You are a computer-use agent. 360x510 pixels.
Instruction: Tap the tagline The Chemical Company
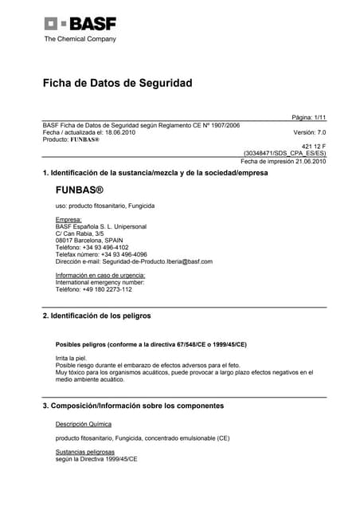click(x=80, y=38)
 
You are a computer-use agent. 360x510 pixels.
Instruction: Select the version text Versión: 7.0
click(x=310, y=132)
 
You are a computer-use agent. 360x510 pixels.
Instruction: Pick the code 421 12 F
click(x=313, y=146)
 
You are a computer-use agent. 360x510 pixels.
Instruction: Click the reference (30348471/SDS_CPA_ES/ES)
click(x=284, y=153)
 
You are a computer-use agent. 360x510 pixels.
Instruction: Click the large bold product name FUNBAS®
click(x=80, y=191)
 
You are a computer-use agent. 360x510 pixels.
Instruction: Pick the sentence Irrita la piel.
click(x=70, y=359)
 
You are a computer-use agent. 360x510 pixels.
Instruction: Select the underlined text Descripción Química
click(x=84, y=424)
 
